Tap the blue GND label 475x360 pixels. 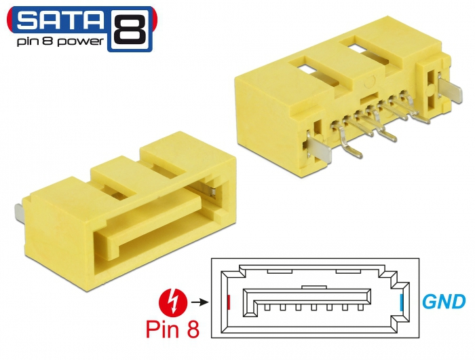click(x=444, y=302)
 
